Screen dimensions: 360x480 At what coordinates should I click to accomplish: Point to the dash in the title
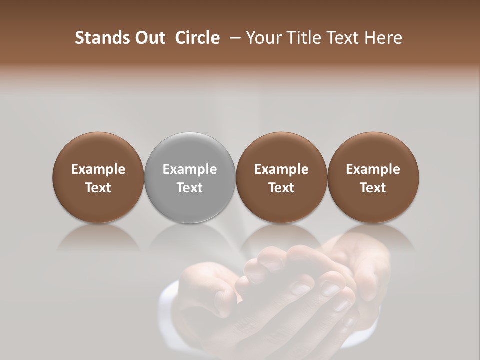(x=233, y=38)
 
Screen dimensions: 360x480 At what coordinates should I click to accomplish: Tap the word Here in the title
(x=384, y=38)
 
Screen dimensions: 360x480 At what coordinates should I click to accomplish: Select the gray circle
(x=190, y=155)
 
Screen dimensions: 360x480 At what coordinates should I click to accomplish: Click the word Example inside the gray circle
(x=190, y=169)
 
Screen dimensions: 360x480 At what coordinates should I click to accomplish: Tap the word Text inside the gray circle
(x=190, y=188)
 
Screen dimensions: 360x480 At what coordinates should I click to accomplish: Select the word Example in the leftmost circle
(x=98, y=169)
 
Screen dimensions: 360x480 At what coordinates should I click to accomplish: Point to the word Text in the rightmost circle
(x=373, y=188)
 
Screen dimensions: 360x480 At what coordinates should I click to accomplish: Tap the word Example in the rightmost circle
(x=373, y=169)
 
